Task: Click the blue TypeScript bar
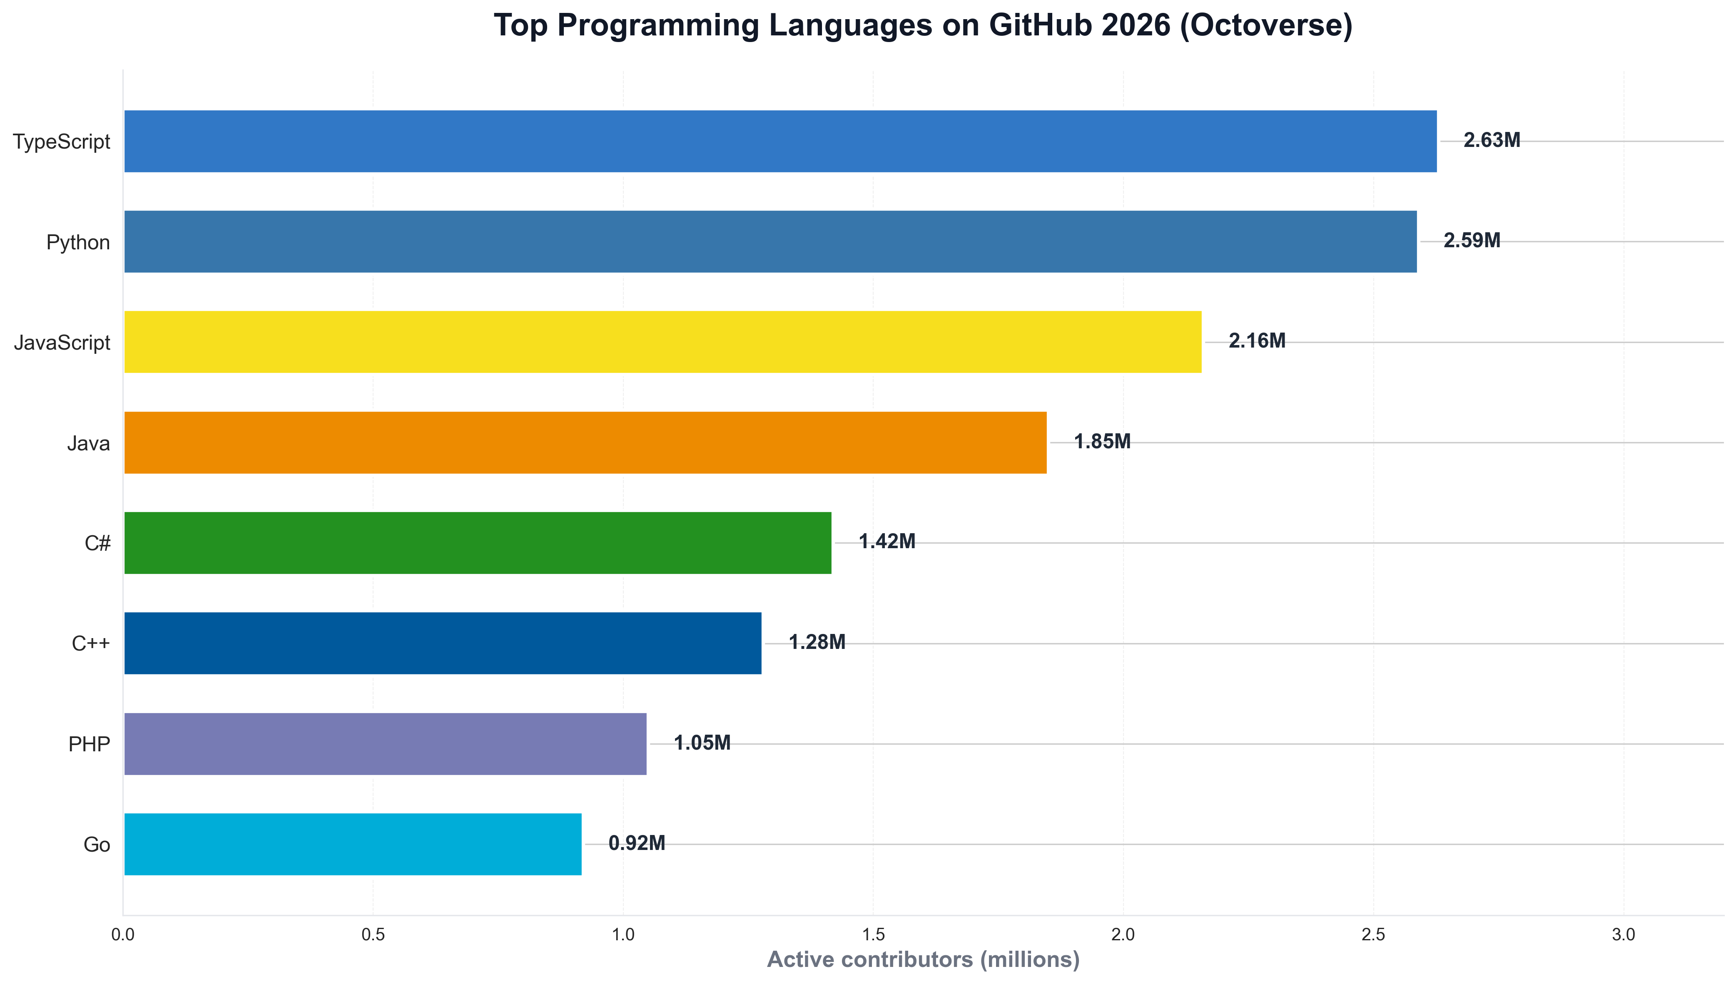(780, 141)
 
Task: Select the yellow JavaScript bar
(663, 342)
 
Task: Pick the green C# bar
(477, 543)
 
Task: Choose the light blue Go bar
(352, 844)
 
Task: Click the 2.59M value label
(1472, 241)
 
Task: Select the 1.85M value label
(1102, 442)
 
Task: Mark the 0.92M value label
(636, 843)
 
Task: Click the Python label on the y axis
(78, 242)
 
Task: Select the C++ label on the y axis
(91, 644)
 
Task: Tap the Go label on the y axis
(97, 845)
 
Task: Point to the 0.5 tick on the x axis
(373, 935)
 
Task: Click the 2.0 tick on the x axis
(1123, 935)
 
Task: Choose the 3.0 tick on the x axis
(1623, 935)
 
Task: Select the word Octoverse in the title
(1265, 26)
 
